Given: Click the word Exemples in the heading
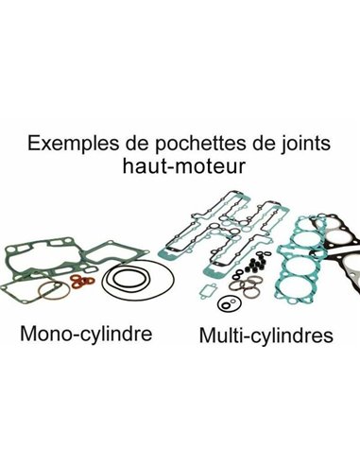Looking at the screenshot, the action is pyautogui.click(x=73, y=144).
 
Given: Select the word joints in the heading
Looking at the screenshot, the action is pyautogui.click(x=305, y=144).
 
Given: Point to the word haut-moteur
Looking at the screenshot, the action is pyautogui.click(x=183, y=165).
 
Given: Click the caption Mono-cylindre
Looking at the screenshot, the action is pyautogui.click(x=86, y=335).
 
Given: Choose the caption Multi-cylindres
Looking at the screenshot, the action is pyautogui.click(x=266, y=336).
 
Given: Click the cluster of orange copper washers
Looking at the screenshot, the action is pyautogui.click(x=81, y=281).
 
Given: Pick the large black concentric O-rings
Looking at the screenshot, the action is pyautogui.click(x=138, y=280).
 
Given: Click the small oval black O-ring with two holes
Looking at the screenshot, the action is pyautogui.click(x=219, y=303).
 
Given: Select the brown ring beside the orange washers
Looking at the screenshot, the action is pyautogui.click(x=41, y=291).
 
